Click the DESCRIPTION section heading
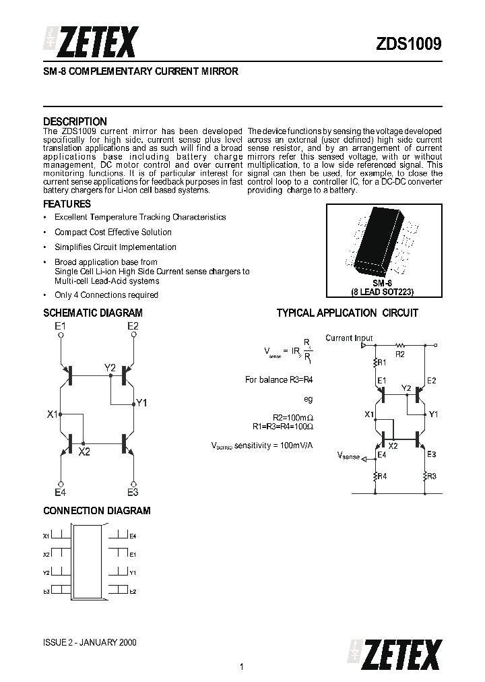[75, 122]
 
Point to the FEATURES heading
[67, 204]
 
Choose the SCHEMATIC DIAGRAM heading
[93, 313]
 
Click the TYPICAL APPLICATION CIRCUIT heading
[347, 313]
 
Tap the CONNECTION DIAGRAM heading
[97, 511]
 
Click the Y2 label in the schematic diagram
[110, 367]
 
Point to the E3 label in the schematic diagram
[133, 493]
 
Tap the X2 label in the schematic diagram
[84, 452]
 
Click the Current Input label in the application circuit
[348, 338]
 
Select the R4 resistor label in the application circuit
[382, 476]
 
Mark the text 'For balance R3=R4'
[279, 380]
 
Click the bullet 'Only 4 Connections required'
[106, 294]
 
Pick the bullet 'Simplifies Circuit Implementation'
[115, 247]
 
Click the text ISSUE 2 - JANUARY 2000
[90, 642]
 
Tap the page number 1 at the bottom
[241, 667]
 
